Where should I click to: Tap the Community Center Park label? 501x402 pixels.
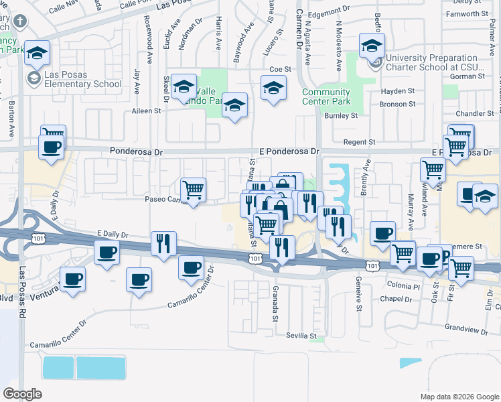326,96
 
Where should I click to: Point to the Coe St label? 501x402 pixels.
280,69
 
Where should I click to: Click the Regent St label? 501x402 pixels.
359,142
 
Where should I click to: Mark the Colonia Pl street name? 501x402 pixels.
403,286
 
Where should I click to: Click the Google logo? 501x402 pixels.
23,394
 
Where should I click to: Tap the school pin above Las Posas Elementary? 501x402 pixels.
38,52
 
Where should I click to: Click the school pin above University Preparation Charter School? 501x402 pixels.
372,46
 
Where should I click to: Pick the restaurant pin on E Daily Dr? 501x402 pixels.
163,244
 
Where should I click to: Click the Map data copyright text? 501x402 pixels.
459,397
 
